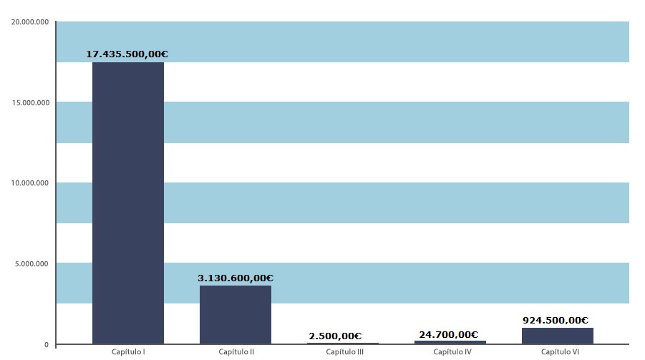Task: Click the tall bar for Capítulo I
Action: (x=128, y=203)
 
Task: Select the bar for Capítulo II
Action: (x=236, y=315)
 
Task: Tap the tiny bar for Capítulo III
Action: (x=343, y=344)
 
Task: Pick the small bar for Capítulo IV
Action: (x=450, y=342)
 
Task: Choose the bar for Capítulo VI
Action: (x=558, y=336)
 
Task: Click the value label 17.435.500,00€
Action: (x=127, y=54)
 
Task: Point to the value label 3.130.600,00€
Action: (x=236, y=278)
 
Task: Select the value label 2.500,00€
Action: (x=335, y=336)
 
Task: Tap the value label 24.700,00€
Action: (x=448, y=334)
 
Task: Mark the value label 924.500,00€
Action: (x=556, y=321)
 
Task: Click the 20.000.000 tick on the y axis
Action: (x=29, y=22)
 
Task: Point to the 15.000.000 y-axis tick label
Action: (x=29, y=102)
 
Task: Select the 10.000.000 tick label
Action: (x=29, y=183)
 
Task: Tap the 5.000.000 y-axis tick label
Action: (x=31, y=264)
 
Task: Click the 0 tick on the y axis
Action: (x=46, y=344)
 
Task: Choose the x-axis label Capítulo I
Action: (x=129, y=352)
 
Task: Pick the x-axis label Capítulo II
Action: (x=236, y=352)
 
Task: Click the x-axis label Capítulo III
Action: (x=344, y=352)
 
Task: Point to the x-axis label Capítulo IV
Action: (x=452, y=352)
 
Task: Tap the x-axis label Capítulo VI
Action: (x=559, y=352)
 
